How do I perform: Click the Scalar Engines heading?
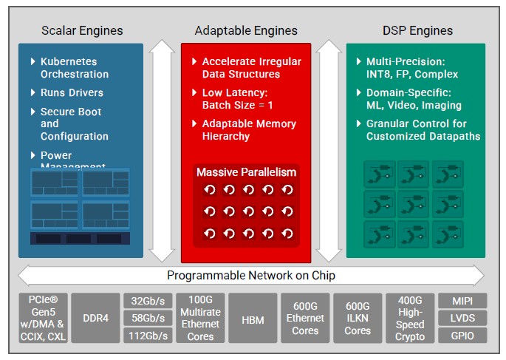[x=81, y=30]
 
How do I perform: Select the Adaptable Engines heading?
[x=246, y=30]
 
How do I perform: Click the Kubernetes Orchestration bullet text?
[x=74, y=68]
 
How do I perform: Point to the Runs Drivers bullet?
[x=72, y=93]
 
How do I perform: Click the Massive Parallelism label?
[x=246, y=172]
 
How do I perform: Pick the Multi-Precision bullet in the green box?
[x=412, y=68]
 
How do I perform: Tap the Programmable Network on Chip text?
[x=251, y=276]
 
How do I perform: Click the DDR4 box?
[x=95, y=318]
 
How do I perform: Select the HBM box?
[x=252, y=318]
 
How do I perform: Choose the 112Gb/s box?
[x=148, y=336]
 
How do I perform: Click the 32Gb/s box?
[x=148, y=301]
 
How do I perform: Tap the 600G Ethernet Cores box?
[x=305, y=318]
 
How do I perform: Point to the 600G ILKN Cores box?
[x=358, y=318]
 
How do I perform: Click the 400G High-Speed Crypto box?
[x=410, y=318]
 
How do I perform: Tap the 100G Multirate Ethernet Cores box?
[x=199, y=318]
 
